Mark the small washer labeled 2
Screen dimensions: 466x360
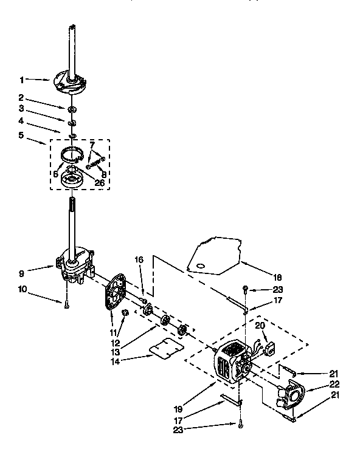pos(72,109)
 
